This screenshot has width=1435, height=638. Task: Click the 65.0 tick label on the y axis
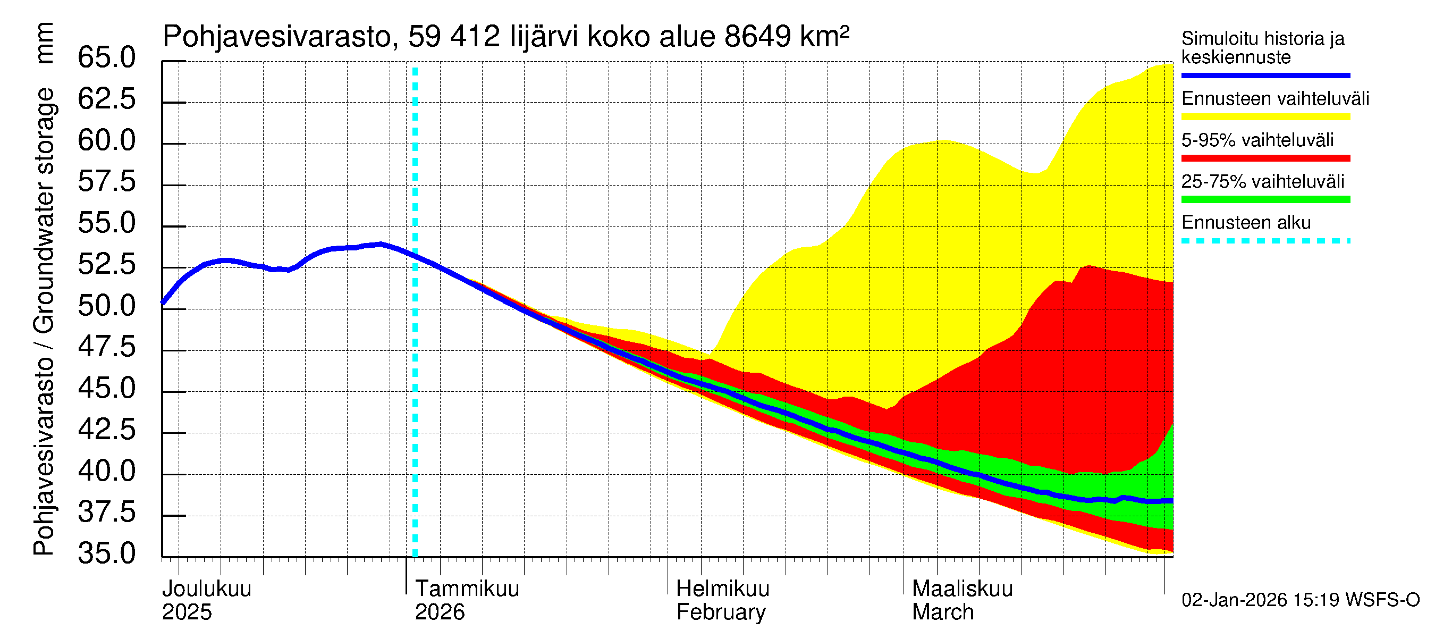click(106, 58)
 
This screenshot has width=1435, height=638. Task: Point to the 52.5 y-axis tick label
click(106, 265)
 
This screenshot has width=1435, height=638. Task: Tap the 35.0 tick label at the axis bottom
click(106, 554)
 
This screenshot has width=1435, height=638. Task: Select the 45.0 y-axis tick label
click(106, 388)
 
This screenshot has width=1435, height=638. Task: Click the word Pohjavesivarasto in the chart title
click(277, 37)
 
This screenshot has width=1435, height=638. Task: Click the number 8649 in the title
click(757, 37)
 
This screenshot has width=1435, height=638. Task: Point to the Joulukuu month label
click(207, 589)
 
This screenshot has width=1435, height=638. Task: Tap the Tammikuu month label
click(467, 589)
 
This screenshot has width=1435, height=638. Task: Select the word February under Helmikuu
click(721, 612)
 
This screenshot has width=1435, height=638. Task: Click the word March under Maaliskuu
click(942, 612)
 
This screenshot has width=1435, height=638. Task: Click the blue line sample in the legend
click(1265, 75)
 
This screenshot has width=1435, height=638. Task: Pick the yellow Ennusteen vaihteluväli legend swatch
click(1265, 117)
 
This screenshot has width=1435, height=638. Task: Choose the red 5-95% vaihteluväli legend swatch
click(1265, 158)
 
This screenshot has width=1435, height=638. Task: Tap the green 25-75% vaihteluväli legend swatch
click(1265, 199)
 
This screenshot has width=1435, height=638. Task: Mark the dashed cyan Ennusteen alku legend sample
click(1265, 241)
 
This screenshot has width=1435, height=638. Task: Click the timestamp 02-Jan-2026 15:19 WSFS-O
click(1300, 600)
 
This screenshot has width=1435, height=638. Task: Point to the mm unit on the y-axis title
click(44, 43)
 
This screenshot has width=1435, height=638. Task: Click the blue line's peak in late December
click(381, 244)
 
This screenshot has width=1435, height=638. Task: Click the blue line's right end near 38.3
click(1171, 501)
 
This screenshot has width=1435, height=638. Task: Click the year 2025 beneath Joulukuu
click(187, 612)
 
